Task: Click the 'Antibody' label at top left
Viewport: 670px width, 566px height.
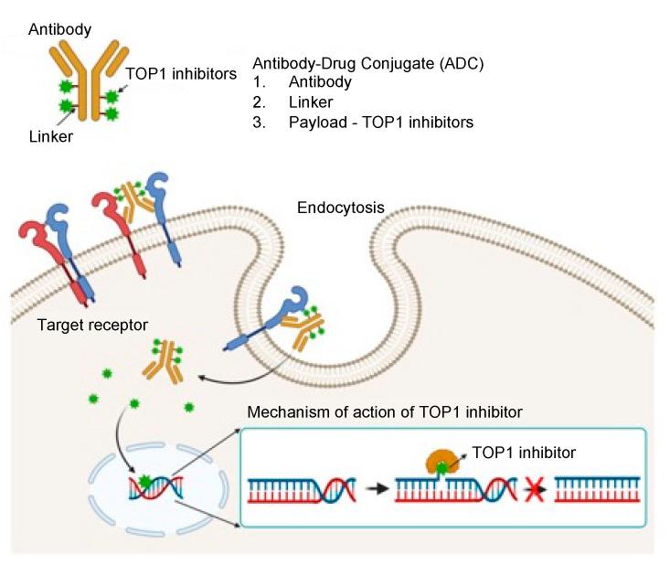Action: tap(60, 29)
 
